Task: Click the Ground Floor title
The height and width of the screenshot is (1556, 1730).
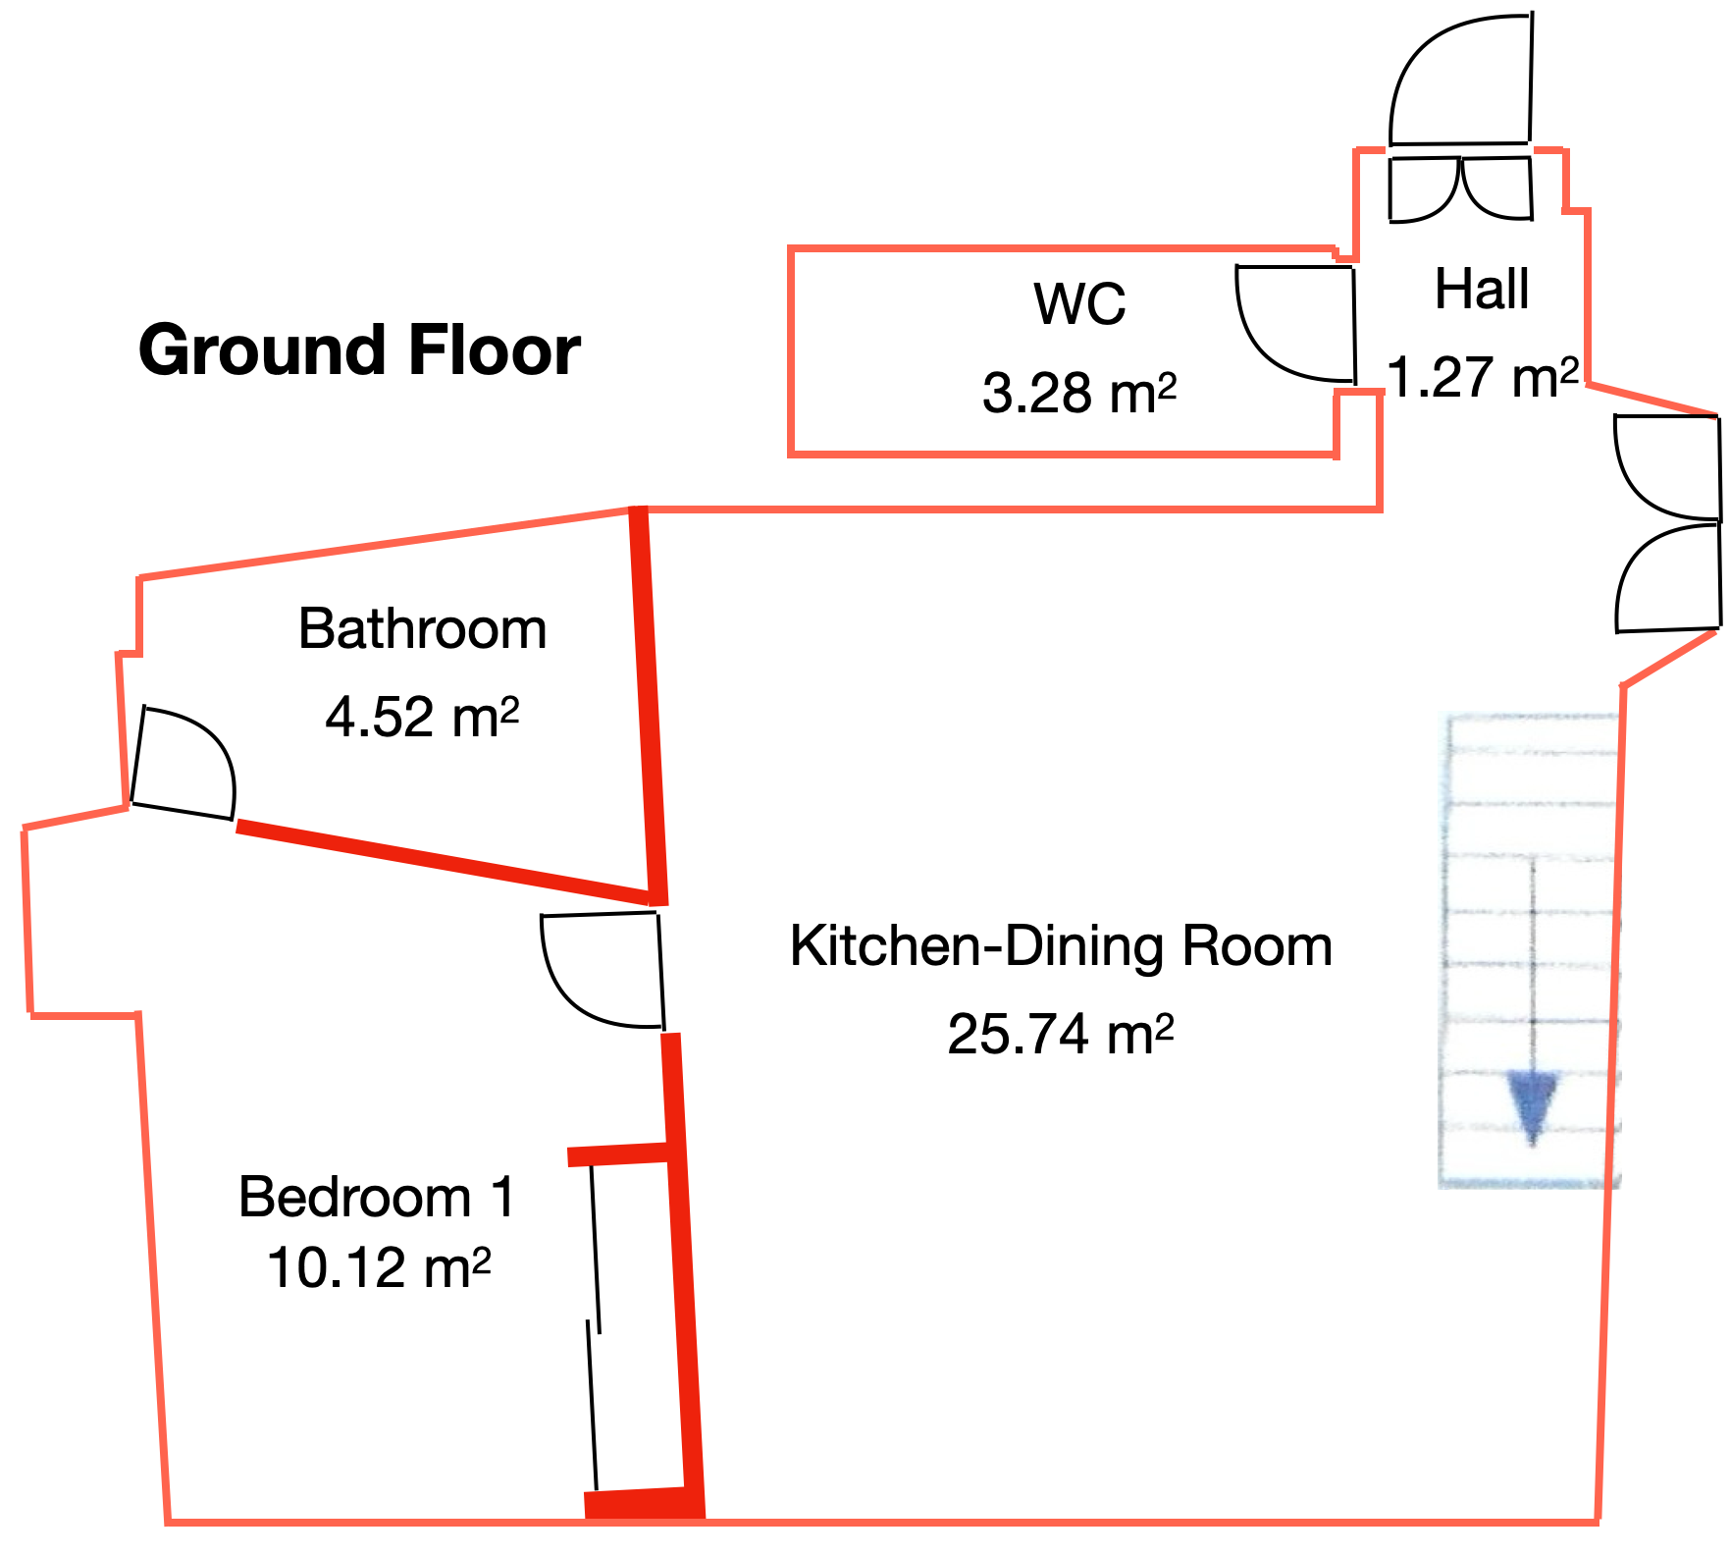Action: click(359, 349)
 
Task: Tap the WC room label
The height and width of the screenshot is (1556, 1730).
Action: click(1079, 303)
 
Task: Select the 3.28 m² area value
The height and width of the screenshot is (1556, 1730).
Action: click(1079, 393)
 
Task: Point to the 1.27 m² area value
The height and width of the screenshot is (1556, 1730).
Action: click(1484, 377)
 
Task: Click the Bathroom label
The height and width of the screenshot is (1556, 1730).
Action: click(422, 628)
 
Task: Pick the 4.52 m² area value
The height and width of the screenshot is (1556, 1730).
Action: click(422, 717)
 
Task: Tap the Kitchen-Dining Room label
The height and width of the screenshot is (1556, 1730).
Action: click(1061, 946)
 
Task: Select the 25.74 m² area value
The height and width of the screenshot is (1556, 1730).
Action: click(1061, 1034)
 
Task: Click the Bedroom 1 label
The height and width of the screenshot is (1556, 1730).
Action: click(377, 1197)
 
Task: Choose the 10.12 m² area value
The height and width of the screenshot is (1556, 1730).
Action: click(379, 1267)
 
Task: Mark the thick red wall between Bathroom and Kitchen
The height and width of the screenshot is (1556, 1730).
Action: click(649, 705)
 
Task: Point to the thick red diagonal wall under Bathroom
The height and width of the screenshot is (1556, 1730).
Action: click(444, 861)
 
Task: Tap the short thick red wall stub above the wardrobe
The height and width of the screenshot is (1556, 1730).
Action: click(619, 1154)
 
